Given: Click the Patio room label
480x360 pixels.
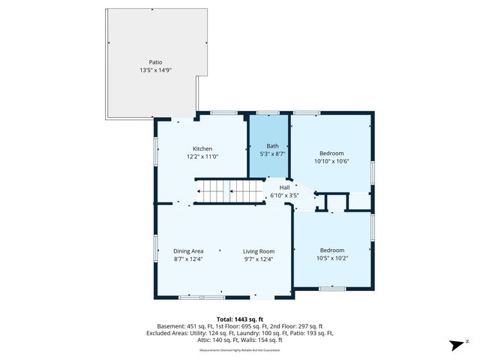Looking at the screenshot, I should coord(155,62).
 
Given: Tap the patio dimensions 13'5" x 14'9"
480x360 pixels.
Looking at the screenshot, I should coord(155,70).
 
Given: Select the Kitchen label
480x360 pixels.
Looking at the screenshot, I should coord(202,148).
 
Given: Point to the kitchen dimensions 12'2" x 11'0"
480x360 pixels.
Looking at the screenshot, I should coord(202,157).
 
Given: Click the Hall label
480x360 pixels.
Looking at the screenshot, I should coord(284,187).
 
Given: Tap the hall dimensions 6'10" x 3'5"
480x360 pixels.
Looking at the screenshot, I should coord(284,196).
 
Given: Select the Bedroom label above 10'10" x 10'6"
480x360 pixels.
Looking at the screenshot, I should coord(331,152).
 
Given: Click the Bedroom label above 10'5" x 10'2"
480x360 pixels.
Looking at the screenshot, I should coord(331,250).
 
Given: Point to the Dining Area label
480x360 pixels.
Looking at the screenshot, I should coord(188,251).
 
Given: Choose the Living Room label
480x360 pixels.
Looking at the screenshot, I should coord(258,251).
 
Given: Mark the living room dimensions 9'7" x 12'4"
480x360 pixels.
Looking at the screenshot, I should coord(258,259).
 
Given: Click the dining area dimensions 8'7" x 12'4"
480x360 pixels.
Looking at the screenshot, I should coord(188,259).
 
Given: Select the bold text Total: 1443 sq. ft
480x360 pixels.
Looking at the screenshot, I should coord(239,319).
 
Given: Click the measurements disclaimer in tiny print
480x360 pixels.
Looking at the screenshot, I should coord(239,349).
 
